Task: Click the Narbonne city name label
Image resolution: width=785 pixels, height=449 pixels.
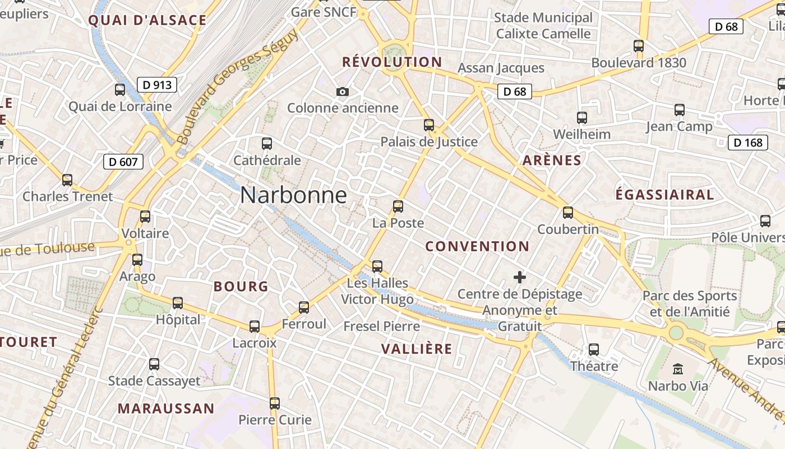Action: (293, 195)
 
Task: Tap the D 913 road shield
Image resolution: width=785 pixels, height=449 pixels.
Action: (157, 85)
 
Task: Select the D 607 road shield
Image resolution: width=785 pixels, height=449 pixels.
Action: (123, 162)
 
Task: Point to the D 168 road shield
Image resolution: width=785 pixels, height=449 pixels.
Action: (748, 143)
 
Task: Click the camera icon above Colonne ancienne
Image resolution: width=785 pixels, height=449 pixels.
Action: (342, 91)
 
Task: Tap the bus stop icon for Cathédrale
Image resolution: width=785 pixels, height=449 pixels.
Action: (267, 144)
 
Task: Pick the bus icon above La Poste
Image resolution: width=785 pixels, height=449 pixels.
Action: (398, 207)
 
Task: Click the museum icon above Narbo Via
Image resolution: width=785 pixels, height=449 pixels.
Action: (678, 369)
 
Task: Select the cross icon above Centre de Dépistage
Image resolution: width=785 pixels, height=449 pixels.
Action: (520, 277)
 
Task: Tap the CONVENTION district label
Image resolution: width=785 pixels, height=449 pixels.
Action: (477, 246)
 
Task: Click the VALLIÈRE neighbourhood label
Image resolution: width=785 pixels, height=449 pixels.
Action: (417, 349)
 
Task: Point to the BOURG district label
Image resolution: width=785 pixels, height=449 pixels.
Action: (241, 287)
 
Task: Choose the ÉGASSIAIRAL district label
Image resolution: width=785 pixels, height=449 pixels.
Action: (664, 195)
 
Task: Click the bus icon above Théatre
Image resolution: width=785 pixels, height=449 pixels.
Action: (594, 350)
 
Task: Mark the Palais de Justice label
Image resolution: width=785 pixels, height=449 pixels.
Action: (429, 141)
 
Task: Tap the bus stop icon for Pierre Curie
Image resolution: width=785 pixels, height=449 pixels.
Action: (275, 404)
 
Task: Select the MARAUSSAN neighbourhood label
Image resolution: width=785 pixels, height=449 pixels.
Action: (166, 409)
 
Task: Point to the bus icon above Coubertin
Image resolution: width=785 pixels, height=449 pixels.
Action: (568, 213)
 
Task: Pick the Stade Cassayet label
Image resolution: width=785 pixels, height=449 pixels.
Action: (154, 381)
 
